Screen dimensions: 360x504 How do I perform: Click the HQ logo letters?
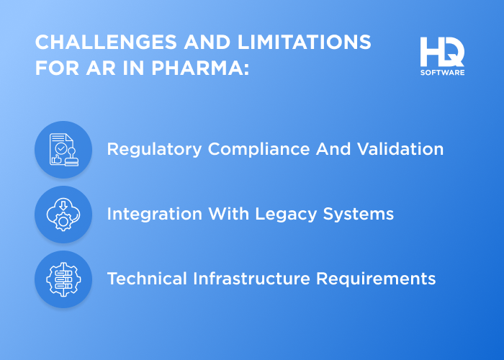[x=442, y=51]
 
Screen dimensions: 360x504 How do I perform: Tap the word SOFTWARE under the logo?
[x=442, y=72]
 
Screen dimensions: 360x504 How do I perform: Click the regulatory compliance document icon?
[x=63, y=150]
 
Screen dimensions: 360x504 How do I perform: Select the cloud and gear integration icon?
[x=63, y=215]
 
